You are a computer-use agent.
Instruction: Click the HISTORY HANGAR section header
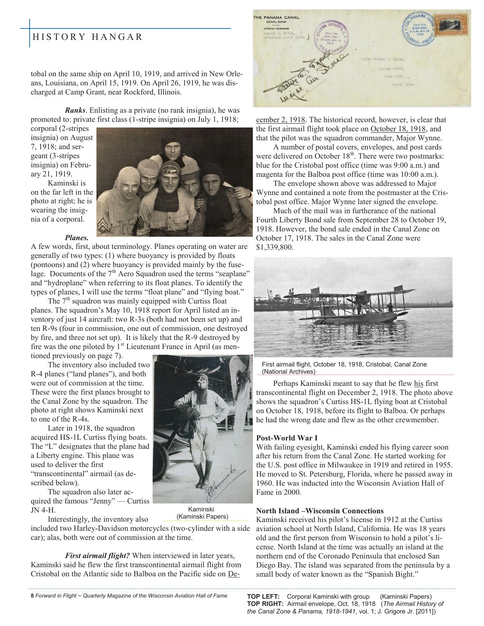[x=87, y=37]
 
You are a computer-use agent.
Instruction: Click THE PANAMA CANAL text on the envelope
[x=276, y=17]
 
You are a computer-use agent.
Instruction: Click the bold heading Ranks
[x=75, y=110]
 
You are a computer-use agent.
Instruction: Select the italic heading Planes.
[x=77, y=238]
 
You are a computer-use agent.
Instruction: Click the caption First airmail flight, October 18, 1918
[x=344, y=364]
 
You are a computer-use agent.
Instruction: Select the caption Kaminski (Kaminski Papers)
[x=202, y=513]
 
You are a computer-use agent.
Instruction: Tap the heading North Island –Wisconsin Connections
[x=320, y=511]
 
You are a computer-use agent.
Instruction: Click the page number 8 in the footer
[x=32, y=596]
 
